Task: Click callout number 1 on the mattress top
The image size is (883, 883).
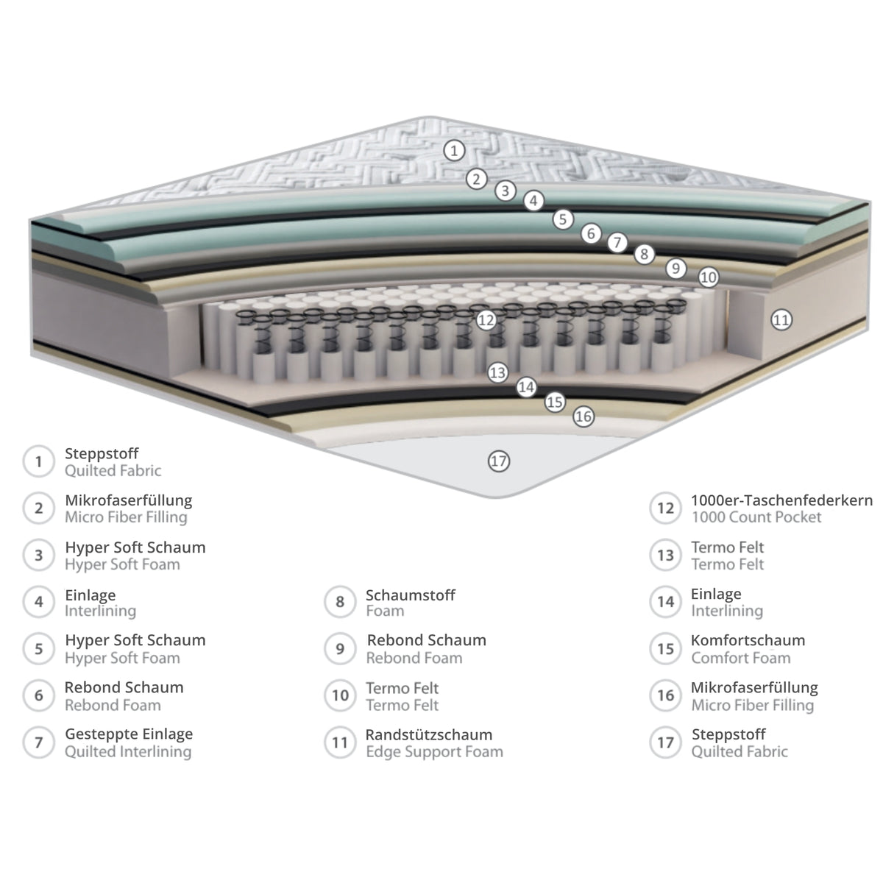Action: pyautogui.click(x=454, y=150)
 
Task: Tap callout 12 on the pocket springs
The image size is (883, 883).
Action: pyautogui.click(x=486, y=320)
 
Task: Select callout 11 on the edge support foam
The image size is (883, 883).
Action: pyautogui.click(x=781, y=319)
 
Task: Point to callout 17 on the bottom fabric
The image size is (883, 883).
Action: pyautogui.click(x=499, y=461)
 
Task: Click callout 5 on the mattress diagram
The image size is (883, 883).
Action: pyautogui.click(x=563, y=219)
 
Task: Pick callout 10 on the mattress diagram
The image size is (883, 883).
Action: pyautogui.click(x=709, y=277)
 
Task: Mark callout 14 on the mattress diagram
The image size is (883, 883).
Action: pyautogui.click(x=526, y=388)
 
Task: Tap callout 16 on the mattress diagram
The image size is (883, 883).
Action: pyautogui.click(x=584, y=416)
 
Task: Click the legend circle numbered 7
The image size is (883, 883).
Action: pyautogui.click(x=39, y=742)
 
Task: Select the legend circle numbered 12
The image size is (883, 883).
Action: pyautogui.click(x=665, y=508)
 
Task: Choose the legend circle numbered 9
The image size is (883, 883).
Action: pyautogui.click(x=340, y=648)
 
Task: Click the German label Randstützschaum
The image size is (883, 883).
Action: pyautogui.click(x=429, y=734)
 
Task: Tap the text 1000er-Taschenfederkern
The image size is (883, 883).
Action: pyautogui.click(x=781, y=500)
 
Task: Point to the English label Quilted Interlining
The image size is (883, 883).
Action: pyautogui.click(x=128, y=751)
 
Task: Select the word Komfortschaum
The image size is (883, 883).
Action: pyautogui.click(x=748, y=640)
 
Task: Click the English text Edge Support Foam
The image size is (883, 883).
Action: pyautogui.click(x=434, y=751)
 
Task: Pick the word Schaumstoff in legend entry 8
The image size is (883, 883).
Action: pyautogui.click(x=411, y=595)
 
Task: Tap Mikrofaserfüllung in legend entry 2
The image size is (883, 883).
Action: pyautogui.click(x=129, y=500)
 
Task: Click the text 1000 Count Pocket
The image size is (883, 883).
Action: pyautogui.click(x=756, y=517)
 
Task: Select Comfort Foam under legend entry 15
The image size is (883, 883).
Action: pyautogui.click(x=741, y=658)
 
